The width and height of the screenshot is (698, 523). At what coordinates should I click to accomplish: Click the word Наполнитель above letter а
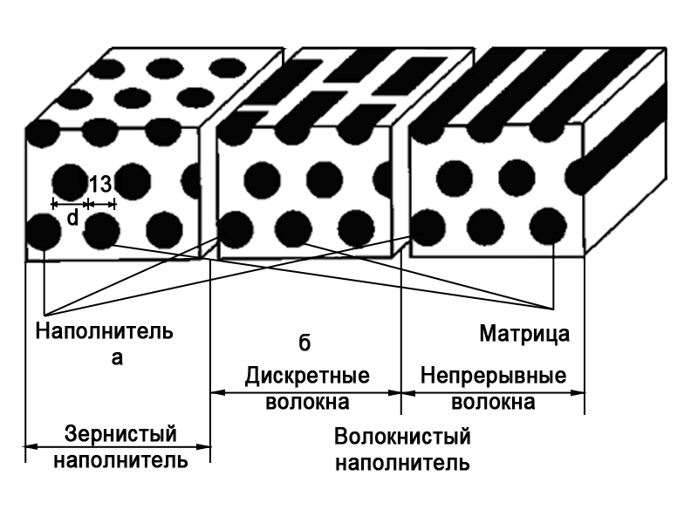tap(105, 332)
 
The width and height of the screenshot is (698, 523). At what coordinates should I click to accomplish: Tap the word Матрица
tap(524, 333)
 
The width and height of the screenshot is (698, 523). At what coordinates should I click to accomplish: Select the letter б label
tap(305, 343)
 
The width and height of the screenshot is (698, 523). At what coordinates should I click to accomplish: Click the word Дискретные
tap(306, 377)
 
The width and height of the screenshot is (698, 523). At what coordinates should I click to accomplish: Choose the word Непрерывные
tap(493, 377)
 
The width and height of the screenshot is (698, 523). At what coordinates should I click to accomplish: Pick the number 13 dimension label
tap(100, 184)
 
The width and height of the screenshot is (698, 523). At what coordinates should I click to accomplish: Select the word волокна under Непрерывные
tap(493, 402)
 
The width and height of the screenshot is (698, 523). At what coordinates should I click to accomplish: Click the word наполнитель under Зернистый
tap(121, 458)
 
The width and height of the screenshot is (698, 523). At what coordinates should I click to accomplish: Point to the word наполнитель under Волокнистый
tap(402, 461)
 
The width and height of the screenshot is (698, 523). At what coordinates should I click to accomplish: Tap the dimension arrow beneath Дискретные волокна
tap(306, 391)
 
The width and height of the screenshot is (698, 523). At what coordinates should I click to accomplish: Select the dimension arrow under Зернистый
tap(119, 447)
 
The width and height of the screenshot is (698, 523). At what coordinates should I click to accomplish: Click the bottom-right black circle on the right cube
tap(547, 227)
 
